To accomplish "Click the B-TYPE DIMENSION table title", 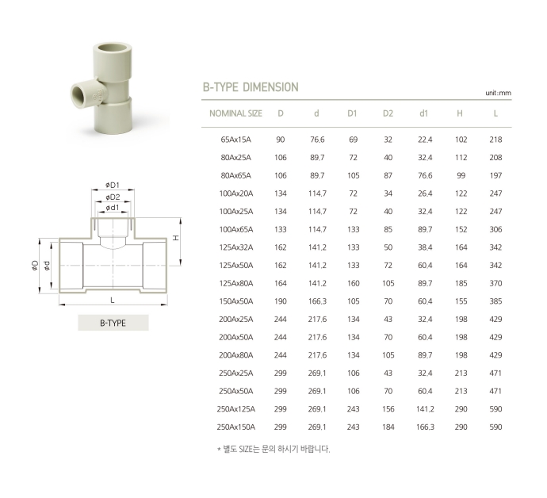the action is point(251,87).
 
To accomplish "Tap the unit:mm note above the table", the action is point(498,93).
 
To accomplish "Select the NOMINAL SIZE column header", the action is point(235,113).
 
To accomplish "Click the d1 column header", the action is point(423,113).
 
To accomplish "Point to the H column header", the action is point(460,113).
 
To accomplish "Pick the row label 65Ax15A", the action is point(235,140).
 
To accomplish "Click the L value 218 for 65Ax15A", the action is point(495,140).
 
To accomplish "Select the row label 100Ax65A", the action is point(235,229).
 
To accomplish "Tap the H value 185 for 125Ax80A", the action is point(461,283).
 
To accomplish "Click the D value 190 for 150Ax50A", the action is point(281,301).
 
